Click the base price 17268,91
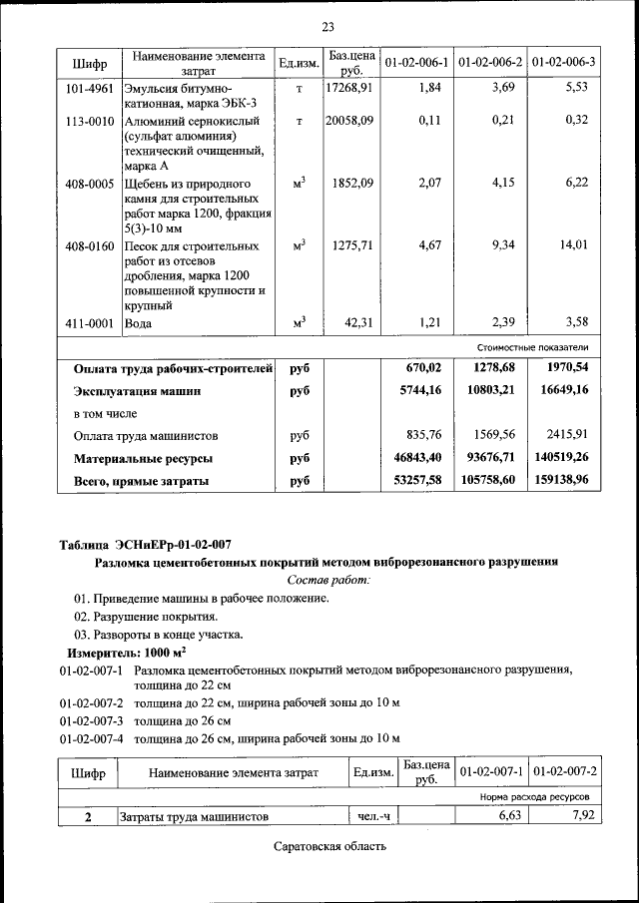(349, 88)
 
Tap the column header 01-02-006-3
(564, 62)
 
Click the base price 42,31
(357, 322)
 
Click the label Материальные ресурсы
(144, 459)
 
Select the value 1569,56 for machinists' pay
(490, 436)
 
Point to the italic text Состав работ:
(328, 579)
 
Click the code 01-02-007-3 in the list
(92, 719)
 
